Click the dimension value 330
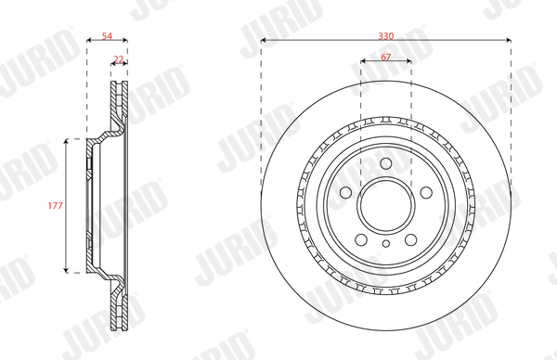(x=386, y=36)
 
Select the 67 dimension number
(x=386, y=57)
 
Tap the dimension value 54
(x=107, y=36)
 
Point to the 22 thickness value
(x=118, y=59)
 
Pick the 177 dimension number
(x=55, y=206)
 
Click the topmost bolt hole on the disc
(x=386, y=163)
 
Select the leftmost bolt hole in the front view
(x=345, y=193)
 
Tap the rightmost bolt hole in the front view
(x=426, y=193)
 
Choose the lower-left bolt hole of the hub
(x=361, y=239)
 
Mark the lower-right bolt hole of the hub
(x=410, y=239)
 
